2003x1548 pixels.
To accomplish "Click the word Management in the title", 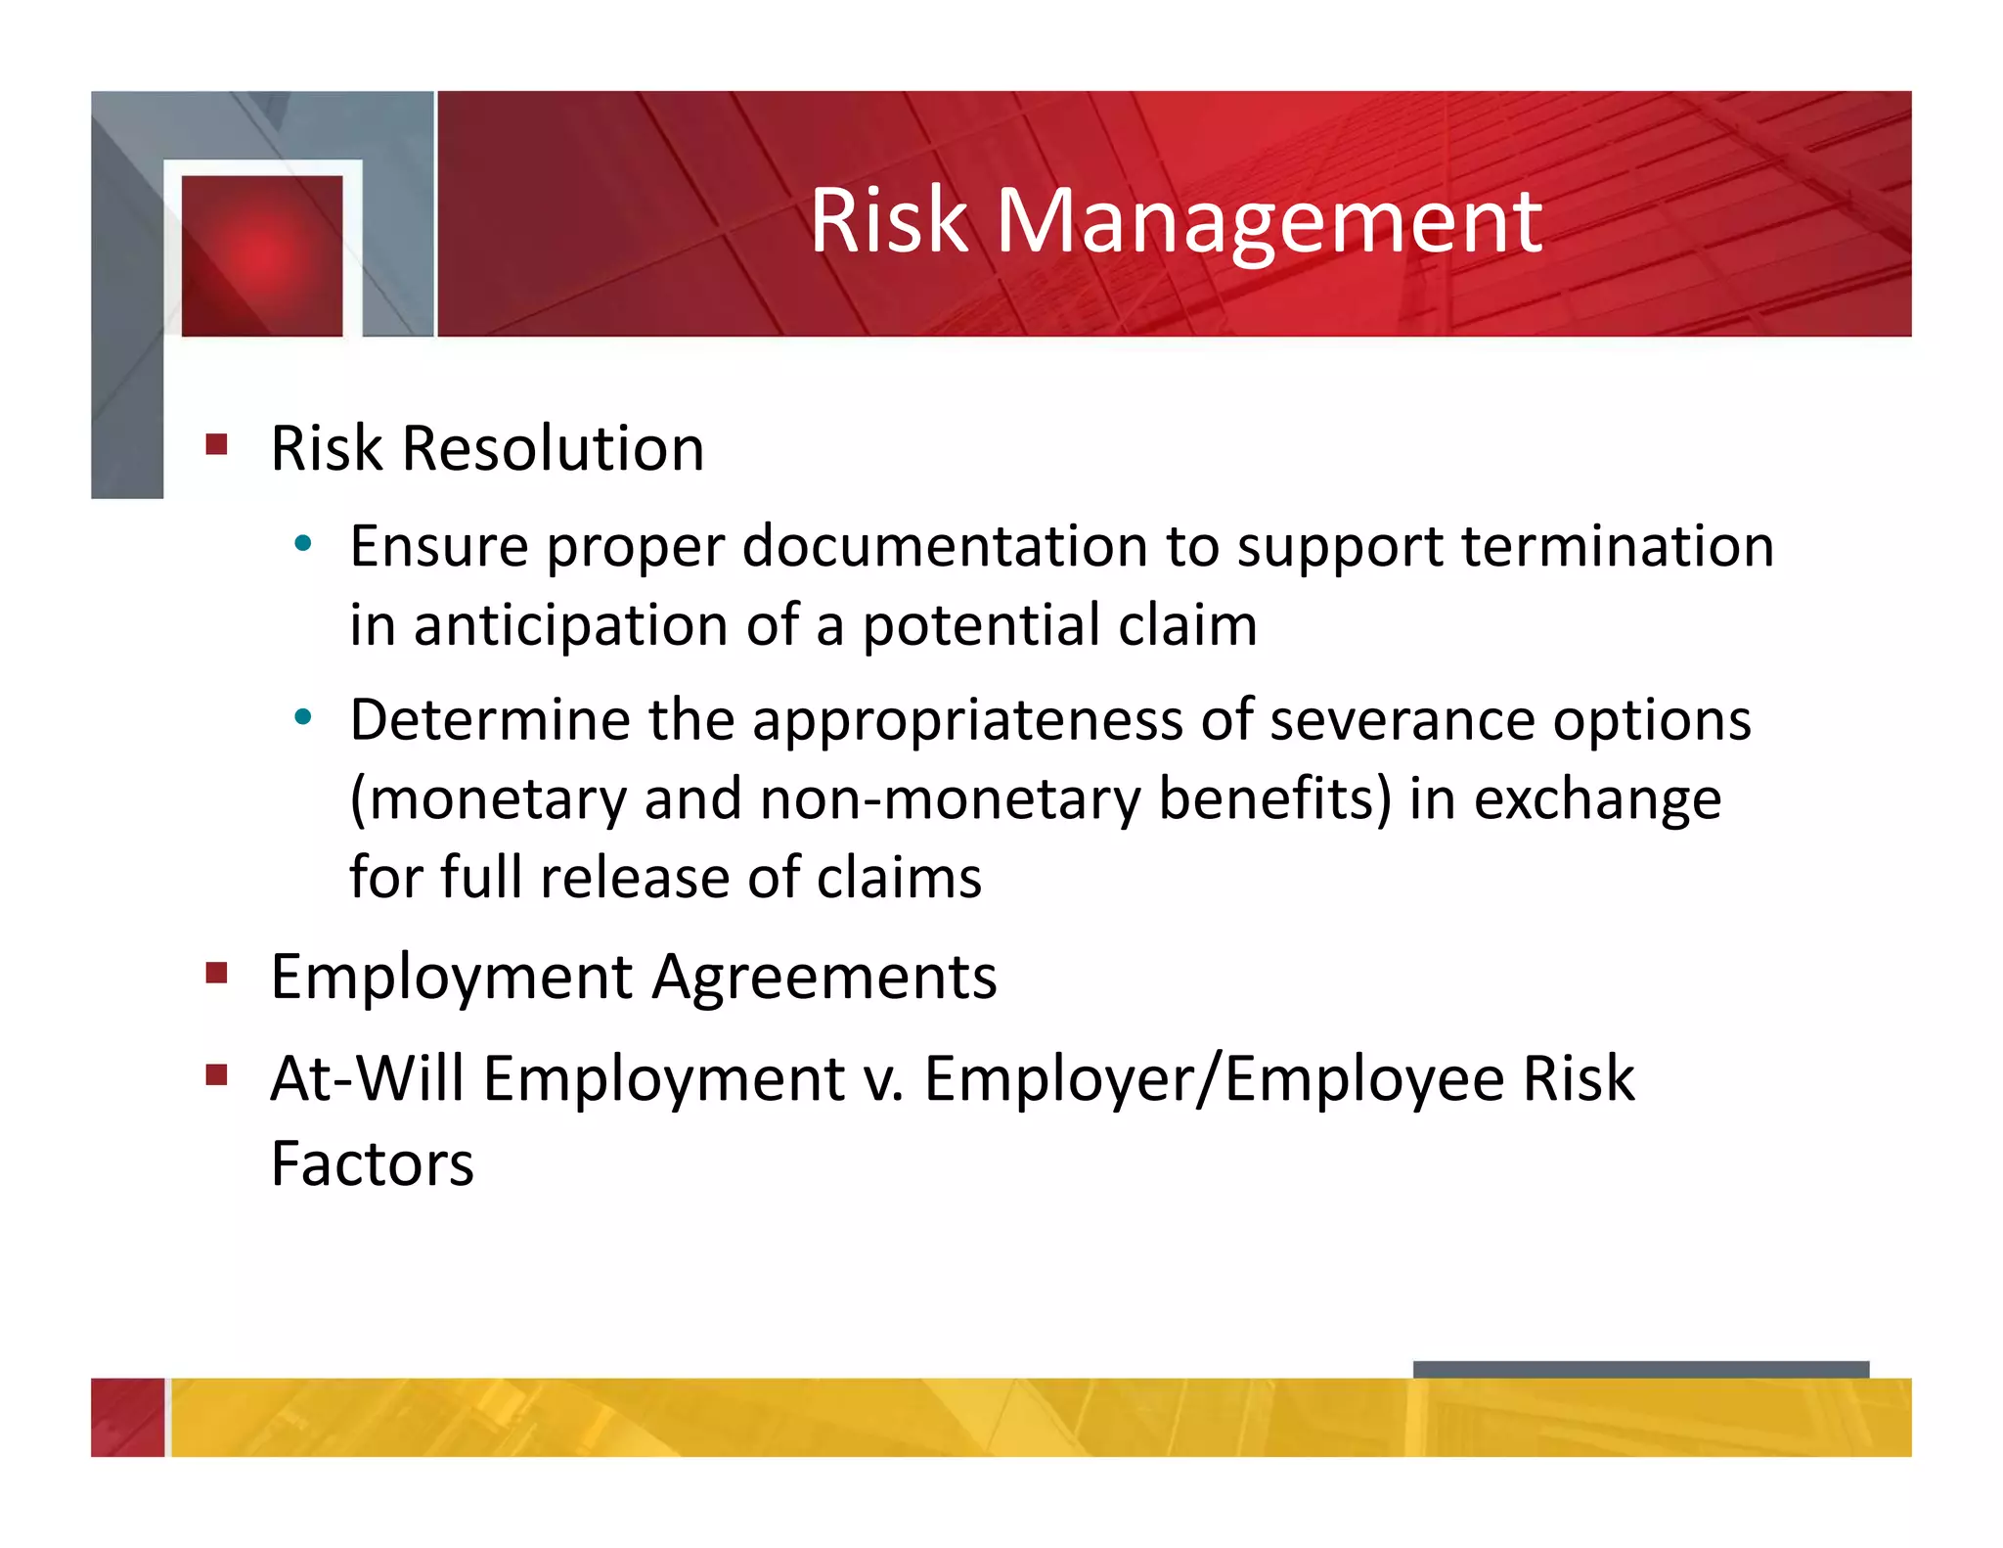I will click(x=1269, y=223).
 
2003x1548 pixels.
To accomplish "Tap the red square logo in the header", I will click(x=262, y=255).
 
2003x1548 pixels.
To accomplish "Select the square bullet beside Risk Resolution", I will click(x=217, y=445).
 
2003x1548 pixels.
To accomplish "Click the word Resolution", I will click(x=553, y=449).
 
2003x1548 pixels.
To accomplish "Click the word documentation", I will click(x=944, y=546).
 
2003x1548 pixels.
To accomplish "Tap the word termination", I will click(x=1618, y=546).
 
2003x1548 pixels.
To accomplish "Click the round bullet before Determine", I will click(x=303, y=717).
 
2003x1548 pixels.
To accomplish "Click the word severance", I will click(x=1402, y=721).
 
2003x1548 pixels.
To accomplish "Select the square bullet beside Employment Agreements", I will click(x=217, y=973).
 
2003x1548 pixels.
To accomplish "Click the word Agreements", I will click(x=824, y=978).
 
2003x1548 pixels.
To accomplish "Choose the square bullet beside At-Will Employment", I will click(x=217, y=1076).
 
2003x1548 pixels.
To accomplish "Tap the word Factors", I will click(x=372, y=1164).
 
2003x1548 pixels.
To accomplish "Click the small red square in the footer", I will click(x=128, y=1417).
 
